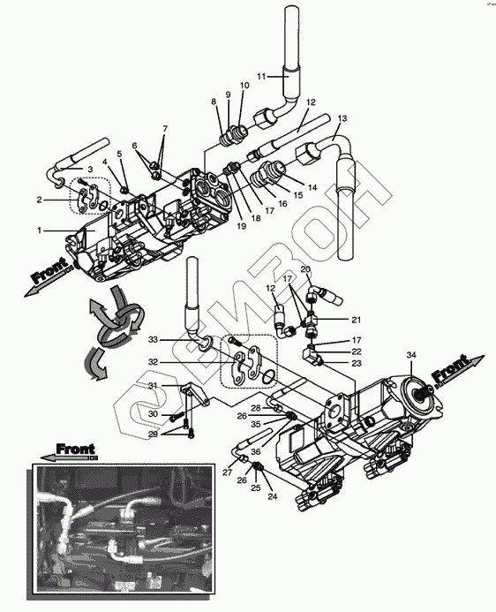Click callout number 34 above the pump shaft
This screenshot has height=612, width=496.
coord(411,355)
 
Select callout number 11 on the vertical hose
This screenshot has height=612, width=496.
coord(261,77)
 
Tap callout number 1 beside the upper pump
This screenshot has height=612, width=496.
coord(39,230)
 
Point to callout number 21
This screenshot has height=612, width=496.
coord(356,320)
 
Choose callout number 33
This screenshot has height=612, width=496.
coord(153,340)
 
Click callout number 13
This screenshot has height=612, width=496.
coord(342,118)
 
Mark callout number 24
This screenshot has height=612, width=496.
coord(272,497)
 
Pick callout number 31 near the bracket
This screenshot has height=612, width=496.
coord(153,386)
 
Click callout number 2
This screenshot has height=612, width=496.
coord(39,200)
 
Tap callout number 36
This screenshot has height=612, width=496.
coord(255,452)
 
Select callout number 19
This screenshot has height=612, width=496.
coord(241,226)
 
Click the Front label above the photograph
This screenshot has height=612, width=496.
coord(75,449)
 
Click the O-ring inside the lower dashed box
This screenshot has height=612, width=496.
coord(268,377)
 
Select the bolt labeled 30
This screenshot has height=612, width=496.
coord(177,419)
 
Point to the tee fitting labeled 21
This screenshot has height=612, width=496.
coord(311,321)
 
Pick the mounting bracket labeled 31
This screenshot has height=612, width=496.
coord(195,394)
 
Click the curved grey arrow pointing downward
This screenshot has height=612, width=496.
coord(94,364)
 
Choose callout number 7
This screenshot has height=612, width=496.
coord(165,128)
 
